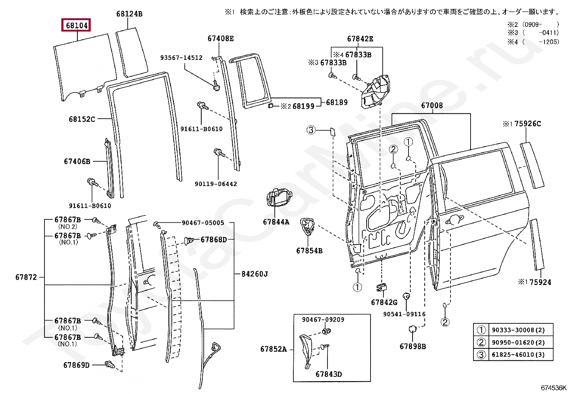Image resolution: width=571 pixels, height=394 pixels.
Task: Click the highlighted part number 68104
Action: click(76, 25)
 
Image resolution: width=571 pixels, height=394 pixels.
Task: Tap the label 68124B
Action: click(129, 14)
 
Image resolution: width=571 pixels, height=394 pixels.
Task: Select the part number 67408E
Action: click(221, 38)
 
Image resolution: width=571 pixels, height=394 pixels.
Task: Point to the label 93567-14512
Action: click(181, 58)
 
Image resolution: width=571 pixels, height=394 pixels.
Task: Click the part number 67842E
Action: click(360, 39)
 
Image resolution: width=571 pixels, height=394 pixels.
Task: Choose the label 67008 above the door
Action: click(432, 105)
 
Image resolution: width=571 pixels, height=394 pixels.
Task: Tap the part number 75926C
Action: click(527, 124)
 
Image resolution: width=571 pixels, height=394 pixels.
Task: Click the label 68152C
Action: click(82, 119)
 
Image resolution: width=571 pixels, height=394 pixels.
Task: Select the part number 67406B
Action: click(77, 161)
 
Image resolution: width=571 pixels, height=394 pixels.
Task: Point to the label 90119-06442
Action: click(216, 184)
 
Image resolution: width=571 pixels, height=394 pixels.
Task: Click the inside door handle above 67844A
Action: click(279, 197)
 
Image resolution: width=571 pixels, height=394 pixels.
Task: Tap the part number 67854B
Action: click(309, 251)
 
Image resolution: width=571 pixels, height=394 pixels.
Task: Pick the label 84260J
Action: click(255, 274)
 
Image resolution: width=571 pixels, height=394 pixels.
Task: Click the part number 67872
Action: click(26, 277)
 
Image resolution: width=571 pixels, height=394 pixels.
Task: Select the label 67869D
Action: click(76, 365)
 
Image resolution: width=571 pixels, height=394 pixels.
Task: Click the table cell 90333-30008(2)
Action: click(518, 330)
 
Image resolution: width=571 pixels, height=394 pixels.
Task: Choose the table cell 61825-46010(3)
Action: click(518, 355)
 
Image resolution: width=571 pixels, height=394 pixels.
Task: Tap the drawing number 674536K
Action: click(553, 388)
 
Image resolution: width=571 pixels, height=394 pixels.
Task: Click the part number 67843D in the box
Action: click(329, 374)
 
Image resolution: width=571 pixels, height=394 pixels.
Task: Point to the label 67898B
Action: click(413, 346)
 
